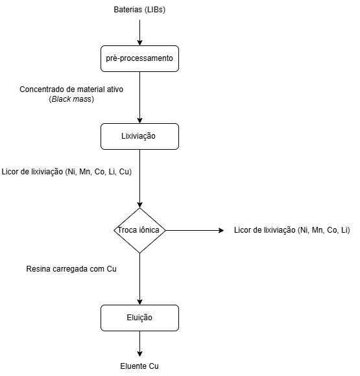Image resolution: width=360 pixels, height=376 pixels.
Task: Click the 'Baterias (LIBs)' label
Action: tap(139, 10)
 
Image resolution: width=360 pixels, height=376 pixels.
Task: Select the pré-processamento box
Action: tap(139, 58)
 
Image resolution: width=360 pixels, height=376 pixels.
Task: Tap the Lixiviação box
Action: tap(139, 136)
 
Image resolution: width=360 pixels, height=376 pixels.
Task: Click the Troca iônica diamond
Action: tap(139, 230)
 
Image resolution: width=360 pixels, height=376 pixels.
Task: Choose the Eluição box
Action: tap(139, 318)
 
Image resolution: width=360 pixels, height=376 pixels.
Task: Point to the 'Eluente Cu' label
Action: tap(139, 366)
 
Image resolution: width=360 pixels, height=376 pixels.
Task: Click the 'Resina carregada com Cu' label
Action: tap(71, 269)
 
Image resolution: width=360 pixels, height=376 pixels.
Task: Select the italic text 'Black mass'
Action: tap(71, 99)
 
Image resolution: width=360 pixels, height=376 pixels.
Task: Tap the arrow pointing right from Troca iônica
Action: tap(195, 230)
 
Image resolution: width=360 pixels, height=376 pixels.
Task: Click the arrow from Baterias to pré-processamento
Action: tap(139, 32)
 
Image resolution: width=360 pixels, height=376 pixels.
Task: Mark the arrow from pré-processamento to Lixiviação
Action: tap(139, 98)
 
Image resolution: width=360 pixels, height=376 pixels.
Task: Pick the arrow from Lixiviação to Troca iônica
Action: tap(139, 179)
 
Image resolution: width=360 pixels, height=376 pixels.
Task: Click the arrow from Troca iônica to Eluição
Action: tap(139, 279)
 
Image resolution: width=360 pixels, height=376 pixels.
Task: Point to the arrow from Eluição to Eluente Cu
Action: tap(139, 344)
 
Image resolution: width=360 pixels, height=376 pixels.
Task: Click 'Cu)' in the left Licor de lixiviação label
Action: tap(126, 172)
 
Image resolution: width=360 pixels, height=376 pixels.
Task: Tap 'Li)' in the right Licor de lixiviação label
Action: tap(346, 230)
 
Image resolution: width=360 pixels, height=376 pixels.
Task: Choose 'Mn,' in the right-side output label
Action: tap(318, 230)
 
